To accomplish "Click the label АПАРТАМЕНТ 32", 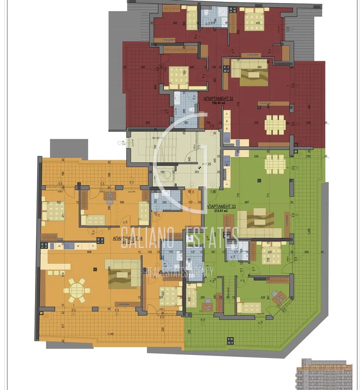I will pyautogui.click(x=218, y=99).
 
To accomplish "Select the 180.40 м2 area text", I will pyautogui.click(x=218, y=104).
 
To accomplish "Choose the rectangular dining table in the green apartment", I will pyautogui.click(x=275, y=164).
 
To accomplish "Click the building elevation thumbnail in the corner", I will pyautogui.click(x=326, y=374).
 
